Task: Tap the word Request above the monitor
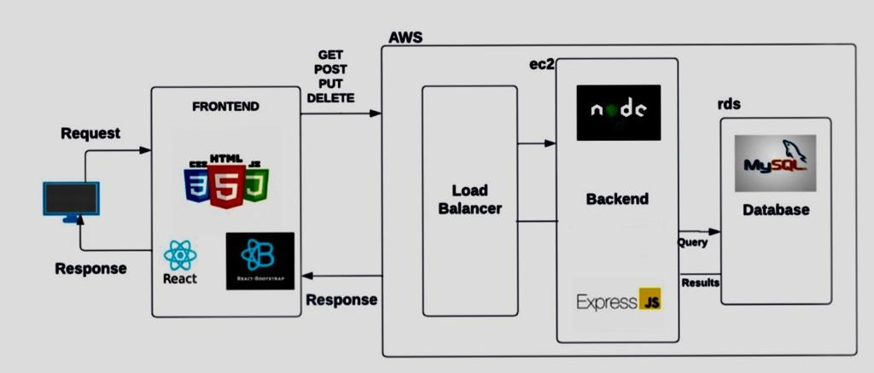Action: click(x=90, y=134)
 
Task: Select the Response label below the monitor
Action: click(x=90, y=268)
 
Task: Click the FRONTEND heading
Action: click(x=225, y=108)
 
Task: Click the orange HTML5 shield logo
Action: click(x=226, y=181)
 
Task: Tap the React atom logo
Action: click(x=180, y=255)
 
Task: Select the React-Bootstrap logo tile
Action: click(x=260, y=260)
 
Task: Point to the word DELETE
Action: click(x=330, y=98)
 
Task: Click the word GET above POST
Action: click(x=330, y=53)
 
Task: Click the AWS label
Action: click(x=405, y=38)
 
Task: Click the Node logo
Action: click(x=619, y=113)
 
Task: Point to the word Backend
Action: click(x=617, y=199)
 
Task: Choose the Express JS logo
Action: click(x=619, y=300)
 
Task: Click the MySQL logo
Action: click(x=775, y=163)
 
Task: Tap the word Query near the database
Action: click(x=692, y=242)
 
